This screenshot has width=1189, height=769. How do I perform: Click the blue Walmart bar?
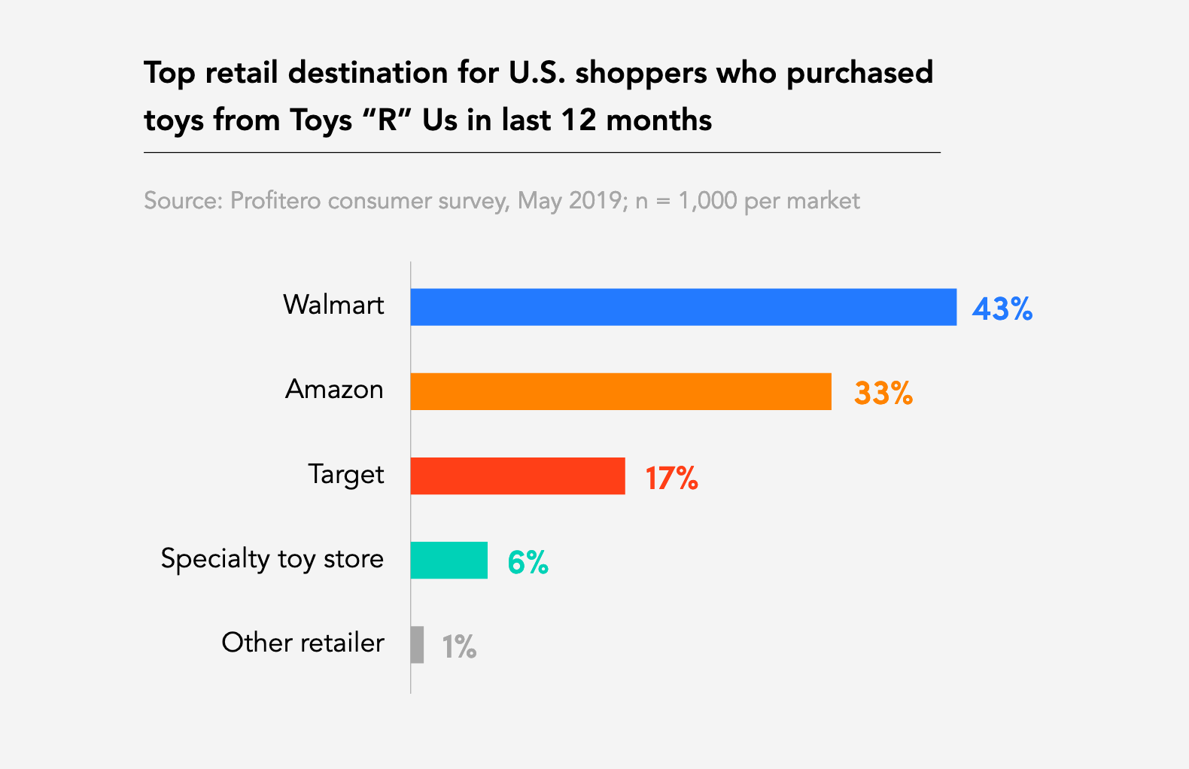[x=683, y=307]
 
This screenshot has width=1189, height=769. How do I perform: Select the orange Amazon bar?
[x=621, y=391]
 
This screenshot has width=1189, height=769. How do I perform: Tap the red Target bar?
[x=518, y=476]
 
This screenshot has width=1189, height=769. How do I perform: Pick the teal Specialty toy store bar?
[x=449, y=560]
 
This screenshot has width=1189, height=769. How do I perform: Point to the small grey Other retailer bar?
[x=418, y=645]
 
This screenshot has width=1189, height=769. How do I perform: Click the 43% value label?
[x=1002, y=309]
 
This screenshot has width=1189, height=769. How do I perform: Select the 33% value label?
[x=883, y=393]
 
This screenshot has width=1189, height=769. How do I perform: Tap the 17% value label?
[x=671, y=478]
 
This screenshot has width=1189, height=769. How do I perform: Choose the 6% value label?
[x=528, y=562]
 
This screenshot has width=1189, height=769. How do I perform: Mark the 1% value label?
[x=459, y=646]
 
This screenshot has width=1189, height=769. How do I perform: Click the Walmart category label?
[x=333, y=305]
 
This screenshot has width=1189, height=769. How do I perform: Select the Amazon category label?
[x=334, y=389]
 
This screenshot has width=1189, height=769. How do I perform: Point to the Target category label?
[x=346, y=474]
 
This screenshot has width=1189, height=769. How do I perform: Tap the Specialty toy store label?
[x=272, y=559]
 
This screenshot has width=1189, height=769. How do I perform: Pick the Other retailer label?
[x=303, y=643]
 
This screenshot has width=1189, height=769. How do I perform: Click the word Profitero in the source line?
[x=275, y=201]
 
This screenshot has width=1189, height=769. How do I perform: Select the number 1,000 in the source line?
[x=707, y=201]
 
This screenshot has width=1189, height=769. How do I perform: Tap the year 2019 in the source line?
[x=594, y=201]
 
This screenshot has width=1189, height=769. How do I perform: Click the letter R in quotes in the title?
[x=387, y=120]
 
